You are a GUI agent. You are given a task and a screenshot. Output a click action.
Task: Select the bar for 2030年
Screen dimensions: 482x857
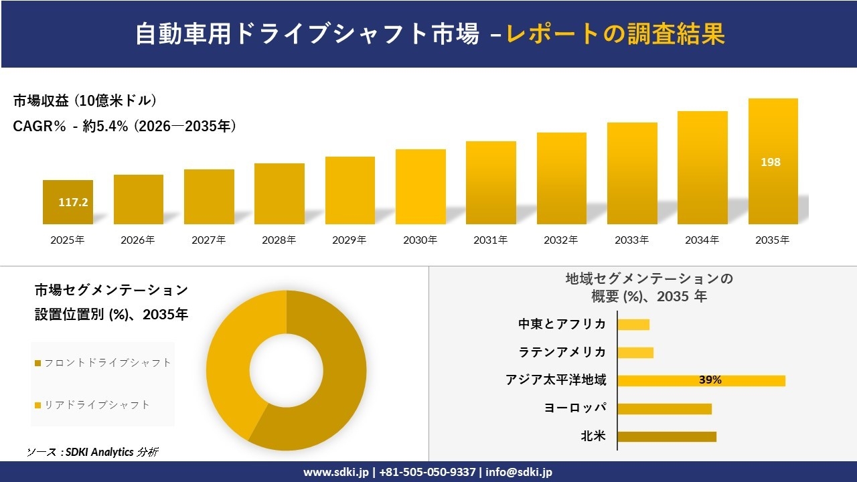tap(420, 187)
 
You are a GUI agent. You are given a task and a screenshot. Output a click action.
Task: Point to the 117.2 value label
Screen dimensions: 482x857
tap(73, 202)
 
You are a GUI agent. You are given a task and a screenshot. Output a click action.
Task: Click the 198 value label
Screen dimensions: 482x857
tap(771, 162)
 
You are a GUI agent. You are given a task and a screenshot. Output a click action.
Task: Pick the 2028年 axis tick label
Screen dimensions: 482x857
tap(279, 240)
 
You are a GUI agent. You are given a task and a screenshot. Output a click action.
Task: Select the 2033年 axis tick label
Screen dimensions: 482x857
tap(632, 240)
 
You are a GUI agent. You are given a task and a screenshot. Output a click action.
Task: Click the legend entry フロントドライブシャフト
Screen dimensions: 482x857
tap(103, 363)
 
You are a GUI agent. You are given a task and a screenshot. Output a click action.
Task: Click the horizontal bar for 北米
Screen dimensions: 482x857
tap(666, 436)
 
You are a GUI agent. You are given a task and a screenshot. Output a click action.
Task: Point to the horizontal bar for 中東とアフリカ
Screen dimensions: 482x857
tap(633, 325)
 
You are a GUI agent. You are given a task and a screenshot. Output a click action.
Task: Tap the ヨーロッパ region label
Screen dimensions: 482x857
tap(576, 408)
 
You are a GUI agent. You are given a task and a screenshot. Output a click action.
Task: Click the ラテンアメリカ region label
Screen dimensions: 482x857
tap(562, 352)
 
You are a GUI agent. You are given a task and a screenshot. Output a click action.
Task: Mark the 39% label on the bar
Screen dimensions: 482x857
tap(710, 380)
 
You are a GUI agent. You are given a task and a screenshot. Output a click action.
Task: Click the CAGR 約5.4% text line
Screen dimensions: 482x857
tap(125, 127)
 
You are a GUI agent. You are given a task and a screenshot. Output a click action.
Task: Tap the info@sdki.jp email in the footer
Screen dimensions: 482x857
tap(519, 472)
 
